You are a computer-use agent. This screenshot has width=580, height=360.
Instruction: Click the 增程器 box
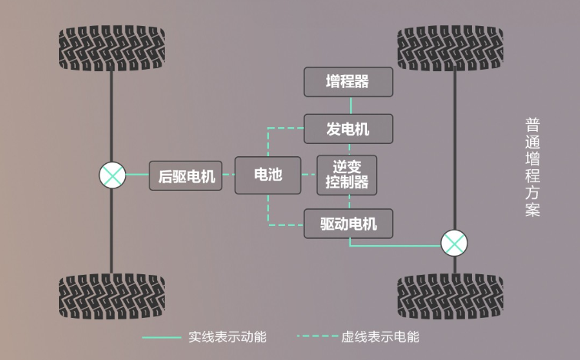click(349, 82)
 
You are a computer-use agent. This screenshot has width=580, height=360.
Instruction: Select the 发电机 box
click(349, 129)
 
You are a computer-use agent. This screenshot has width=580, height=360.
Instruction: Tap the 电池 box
click(267, 175)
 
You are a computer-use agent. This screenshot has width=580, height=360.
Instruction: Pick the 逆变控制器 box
click(347, 175)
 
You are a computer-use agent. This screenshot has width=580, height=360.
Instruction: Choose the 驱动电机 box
click(349, 224)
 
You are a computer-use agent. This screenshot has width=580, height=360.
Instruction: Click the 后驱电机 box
click(185, 175)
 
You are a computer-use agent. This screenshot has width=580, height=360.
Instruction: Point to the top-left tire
click(112, 50)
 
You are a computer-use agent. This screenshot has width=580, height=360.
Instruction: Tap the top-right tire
click(451, 48)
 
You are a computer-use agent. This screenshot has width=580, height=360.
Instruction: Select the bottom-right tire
click(451, 296)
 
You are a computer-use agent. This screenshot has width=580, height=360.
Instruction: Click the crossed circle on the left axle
click(113, 175)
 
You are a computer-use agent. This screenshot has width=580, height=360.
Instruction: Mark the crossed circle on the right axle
click(454, 244)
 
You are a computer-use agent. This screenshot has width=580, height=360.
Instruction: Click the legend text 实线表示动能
click(228, 336)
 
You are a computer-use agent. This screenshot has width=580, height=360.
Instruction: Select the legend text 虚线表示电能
click(380, 336)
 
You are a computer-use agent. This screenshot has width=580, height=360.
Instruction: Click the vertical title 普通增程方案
click(532, 168)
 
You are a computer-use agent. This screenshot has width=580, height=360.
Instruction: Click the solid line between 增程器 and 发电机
click(350, 105)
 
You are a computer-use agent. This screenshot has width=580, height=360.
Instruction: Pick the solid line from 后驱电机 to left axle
click(137, 175)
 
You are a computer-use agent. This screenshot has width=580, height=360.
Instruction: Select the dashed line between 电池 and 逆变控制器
click(309, 175)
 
